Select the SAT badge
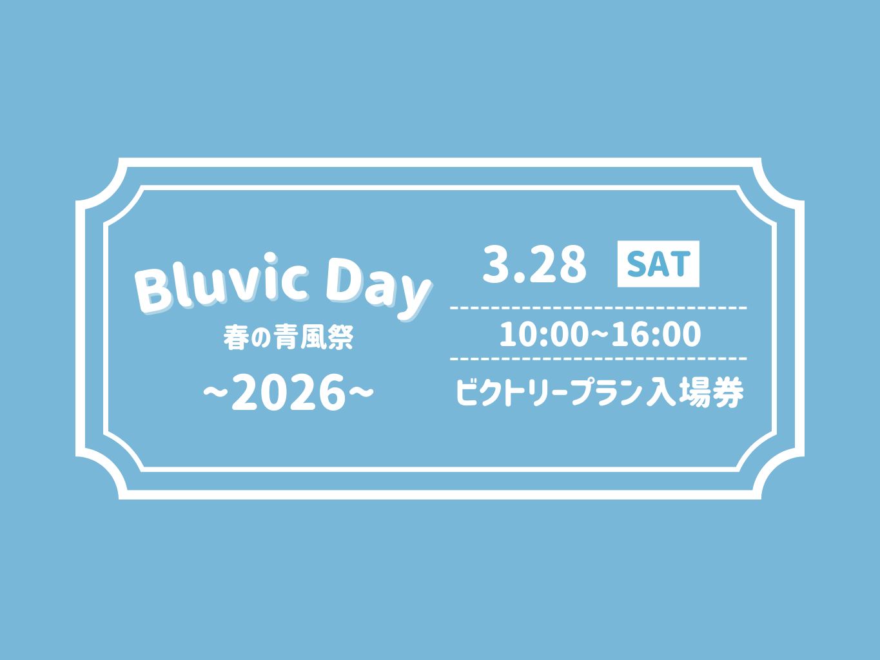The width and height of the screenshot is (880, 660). click(658, 264)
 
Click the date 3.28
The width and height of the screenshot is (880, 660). click(534, 264)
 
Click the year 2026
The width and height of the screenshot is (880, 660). click(288, 394)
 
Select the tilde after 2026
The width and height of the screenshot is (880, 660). click(361, 392)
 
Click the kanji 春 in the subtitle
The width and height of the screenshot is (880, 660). click(236, 338)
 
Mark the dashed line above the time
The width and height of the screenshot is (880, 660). click(598, 307)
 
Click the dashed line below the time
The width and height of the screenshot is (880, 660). click(598, 358)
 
